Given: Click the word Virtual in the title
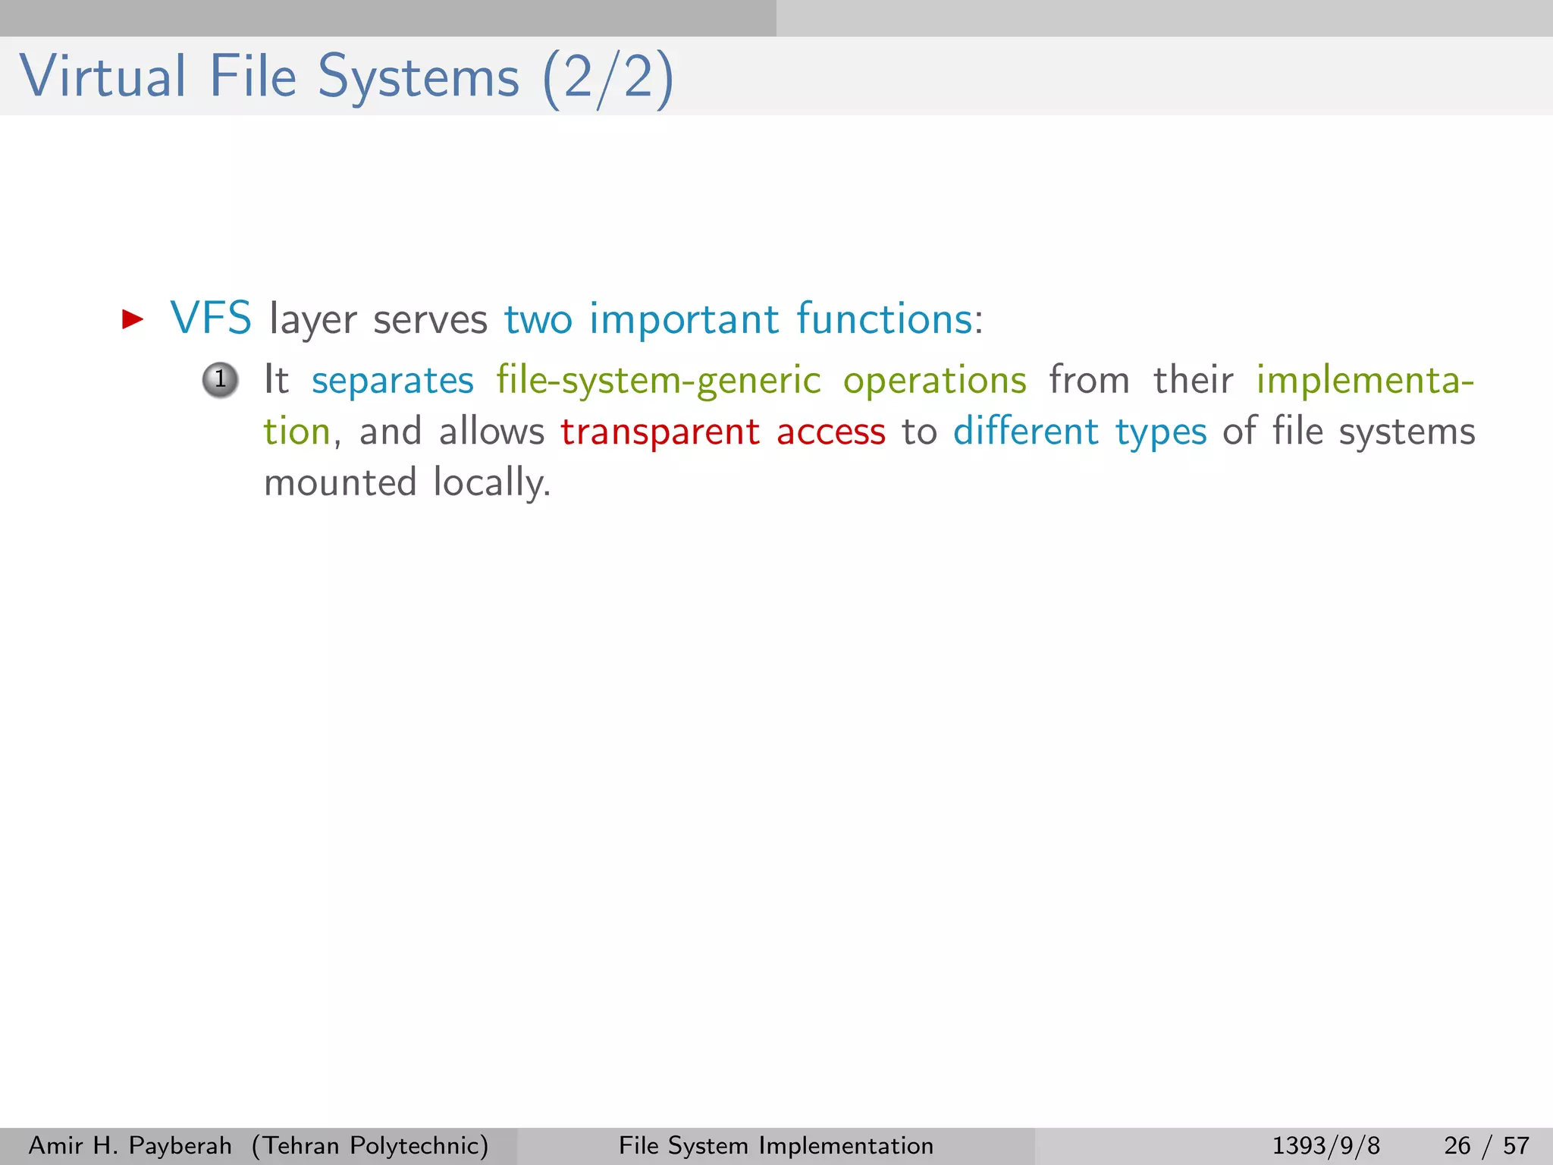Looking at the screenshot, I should tap(102, 77).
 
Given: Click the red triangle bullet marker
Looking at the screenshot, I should tap(133, 319).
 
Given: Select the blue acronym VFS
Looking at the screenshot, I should tap(211, 319).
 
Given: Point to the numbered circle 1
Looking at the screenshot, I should tap(220, 379).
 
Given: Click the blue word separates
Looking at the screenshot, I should tap(393, 381).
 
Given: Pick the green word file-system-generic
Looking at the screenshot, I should tap(658, 381).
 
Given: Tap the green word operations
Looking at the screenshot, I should tap(935, 381).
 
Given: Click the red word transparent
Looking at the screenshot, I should tap(660, 432).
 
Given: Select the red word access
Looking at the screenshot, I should tap(831, 432).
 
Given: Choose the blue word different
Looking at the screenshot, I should tap(1025, 432).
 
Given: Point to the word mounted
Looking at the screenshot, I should tap(340, 483).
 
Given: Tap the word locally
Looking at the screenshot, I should tap(491, 483).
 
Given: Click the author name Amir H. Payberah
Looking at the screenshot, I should tap(130, 1145).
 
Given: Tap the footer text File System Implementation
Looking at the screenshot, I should tap(776, 1145).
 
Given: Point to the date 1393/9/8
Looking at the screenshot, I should tap(1326, 1145).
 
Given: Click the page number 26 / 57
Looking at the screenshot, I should tap(1486, 1145).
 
